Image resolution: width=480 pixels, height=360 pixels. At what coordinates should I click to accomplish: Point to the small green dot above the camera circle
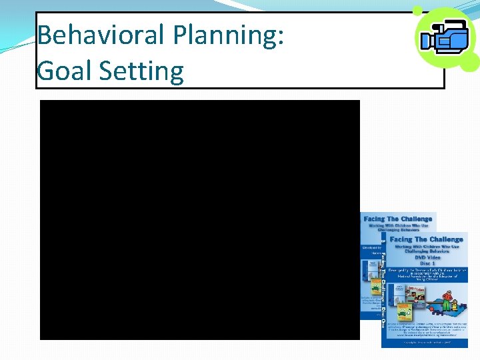(417, 11)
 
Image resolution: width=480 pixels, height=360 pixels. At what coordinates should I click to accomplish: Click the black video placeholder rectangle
(200, 220)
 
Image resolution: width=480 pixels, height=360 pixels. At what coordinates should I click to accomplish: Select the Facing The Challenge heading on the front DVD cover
(426, 239)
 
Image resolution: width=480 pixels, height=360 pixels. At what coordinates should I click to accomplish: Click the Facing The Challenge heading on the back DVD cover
(399, 219)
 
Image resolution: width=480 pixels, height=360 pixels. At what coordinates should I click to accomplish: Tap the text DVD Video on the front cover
(426, 257)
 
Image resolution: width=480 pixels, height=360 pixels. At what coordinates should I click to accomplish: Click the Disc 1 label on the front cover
(426, 263)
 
